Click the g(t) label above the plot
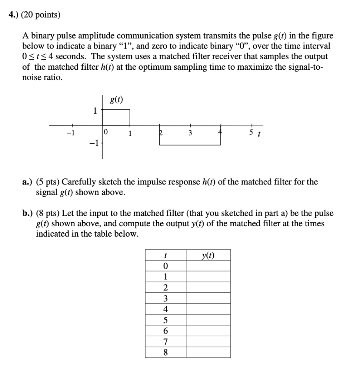click(116, 100)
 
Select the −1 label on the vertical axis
click(94, 144)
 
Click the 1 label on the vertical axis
click(95, 111)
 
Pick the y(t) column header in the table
click(208, 255)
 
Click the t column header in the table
click(165, 255)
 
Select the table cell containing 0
click(165, 266)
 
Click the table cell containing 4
click(165, 309)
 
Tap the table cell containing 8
click(165, 352)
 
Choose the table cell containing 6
click(165, 331)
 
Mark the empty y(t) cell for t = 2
click(208, 288)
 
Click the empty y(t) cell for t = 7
click(208, 342)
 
